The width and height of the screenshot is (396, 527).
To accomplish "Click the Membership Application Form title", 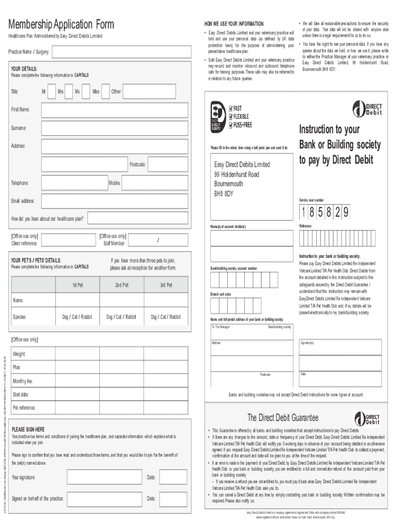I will (x=60, y=25).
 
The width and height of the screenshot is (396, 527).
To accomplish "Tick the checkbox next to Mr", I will (x=51, y=91).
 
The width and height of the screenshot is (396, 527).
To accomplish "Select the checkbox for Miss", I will (x=104, y=91).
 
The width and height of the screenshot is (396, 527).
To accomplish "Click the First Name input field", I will (x=109, y=110).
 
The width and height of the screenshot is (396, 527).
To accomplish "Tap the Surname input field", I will (x=109, y=128).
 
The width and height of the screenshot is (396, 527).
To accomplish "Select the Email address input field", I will (x=109, y=201).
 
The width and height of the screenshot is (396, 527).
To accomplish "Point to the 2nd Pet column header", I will (x=121, y=285).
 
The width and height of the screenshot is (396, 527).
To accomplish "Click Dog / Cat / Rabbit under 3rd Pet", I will (x=166, y=317).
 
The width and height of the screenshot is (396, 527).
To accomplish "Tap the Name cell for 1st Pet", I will (x=77, y=300).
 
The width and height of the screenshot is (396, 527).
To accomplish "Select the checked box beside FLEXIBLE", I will (x=231, y=117).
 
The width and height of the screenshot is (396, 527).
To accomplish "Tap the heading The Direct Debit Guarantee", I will (x=283, y=417).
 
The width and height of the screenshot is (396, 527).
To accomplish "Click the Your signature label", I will (x=24, y=477).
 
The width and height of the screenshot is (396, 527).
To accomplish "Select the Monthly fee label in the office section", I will (x=23, y=381).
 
